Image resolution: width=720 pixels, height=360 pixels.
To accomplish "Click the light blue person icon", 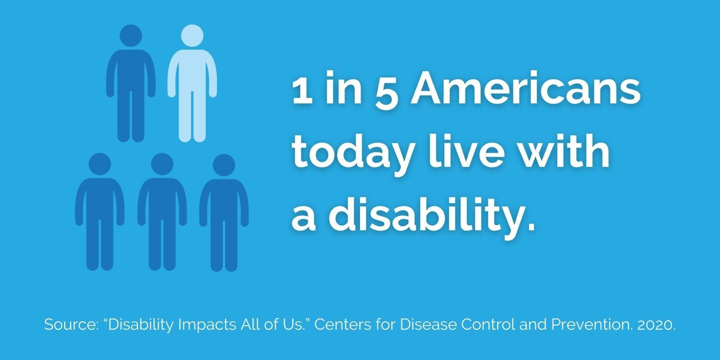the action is [x=192, y=84].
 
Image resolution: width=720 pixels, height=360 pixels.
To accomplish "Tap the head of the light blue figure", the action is [x=192, y=36].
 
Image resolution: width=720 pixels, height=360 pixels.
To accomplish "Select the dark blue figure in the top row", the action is [x=131, y=84].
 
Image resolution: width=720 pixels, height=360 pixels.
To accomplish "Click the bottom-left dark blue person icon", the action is [x=99, y=212].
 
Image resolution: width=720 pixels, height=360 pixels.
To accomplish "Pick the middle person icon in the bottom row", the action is [x=162, y=212].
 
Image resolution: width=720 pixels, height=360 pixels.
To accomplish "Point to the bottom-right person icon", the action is [x=224, y=213].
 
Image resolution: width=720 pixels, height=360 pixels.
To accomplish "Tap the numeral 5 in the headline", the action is [x=387, y=93].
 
